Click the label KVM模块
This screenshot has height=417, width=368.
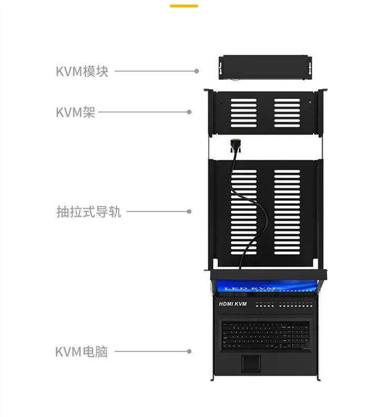click(82, 71)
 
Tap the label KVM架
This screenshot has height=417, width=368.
click(76, 112)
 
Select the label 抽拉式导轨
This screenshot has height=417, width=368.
click(89, 212)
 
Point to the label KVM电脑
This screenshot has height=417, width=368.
click(81, 351)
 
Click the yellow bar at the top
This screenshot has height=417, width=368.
click(184, 6)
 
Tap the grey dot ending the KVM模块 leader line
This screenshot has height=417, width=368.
click(197, 71)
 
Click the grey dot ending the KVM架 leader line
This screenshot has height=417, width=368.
click(189, 112)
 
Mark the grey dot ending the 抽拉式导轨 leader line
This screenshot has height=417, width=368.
click(189, 212)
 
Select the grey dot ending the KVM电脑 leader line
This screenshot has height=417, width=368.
click(189, 351)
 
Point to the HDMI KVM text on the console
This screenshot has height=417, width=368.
click(233, 304)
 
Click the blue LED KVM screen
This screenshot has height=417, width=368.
click(268, 287)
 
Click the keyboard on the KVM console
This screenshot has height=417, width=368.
click(265, 335)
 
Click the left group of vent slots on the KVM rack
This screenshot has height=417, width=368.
click(243, 113)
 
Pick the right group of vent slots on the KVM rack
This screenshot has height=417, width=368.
click(287, 113)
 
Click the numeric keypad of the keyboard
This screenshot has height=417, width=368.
click(301, 335)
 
